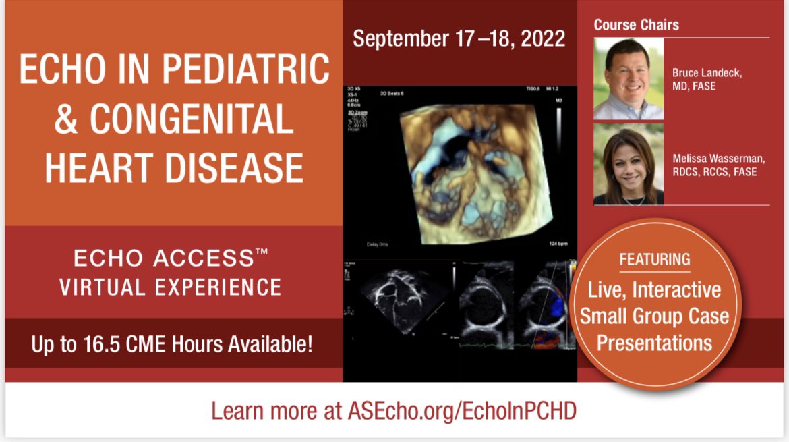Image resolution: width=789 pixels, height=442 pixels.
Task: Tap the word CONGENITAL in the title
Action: coord(193,119)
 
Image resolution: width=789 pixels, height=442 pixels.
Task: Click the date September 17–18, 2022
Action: coord(459,38)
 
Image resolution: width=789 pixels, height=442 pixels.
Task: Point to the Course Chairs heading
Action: coord(636,25)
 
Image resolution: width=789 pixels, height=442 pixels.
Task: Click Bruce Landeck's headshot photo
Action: coord(628,79)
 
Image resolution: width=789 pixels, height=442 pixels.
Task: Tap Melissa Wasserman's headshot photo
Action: coord(628,164)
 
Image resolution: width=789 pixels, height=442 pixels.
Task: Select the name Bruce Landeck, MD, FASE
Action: coord(707,79)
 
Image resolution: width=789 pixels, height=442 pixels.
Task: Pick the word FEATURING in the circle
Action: coord(655,259)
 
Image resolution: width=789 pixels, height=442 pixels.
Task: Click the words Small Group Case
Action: coord(655,316)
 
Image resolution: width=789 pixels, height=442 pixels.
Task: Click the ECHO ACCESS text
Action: coord(162,258)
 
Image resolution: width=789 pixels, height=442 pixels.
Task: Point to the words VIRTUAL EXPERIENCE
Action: coord(170,287)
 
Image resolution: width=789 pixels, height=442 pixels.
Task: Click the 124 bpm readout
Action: coord(556,244)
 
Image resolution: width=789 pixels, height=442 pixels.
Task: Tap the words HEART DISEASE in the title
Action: coord(174,167)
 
